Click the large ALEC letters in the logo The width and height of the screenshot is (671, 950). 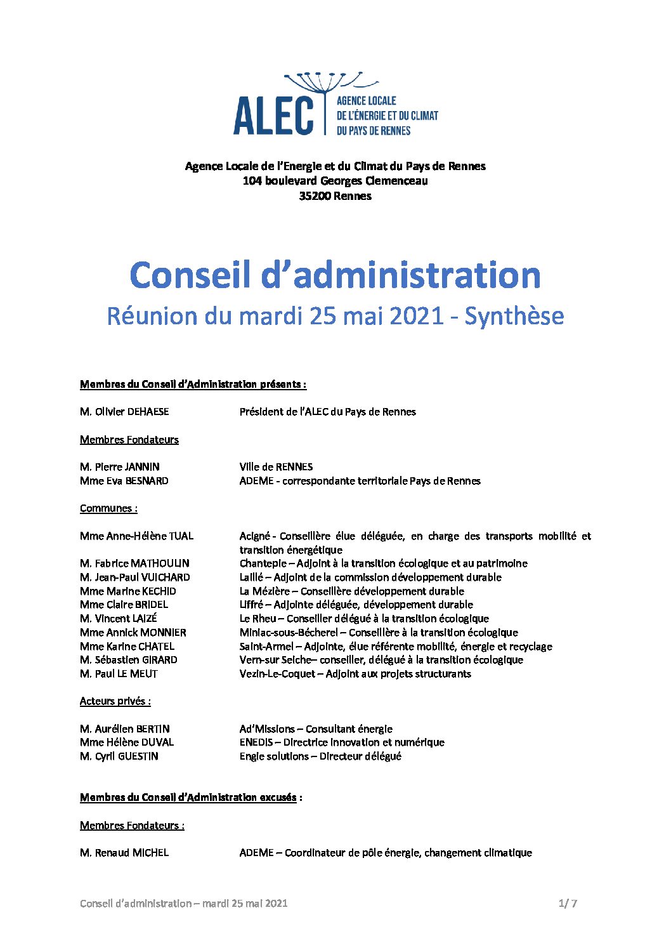click(273, 115)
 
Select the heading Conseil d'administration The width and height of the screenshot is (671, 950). click(335, 275)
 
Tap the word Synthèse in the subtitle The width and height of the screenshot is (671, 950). click(514, 316)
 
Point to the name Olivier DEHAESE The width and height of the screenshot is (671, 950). click(131, 412)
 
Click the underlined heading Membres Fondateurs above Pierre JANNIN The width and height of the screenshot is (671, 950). click(129, 440)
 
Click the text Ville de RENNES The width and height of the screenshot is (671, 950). click(276, 467)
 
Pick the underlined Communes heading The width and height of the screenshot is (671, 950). click(108, 508)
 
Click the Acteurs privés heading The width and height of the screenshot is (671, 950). click(115, 701)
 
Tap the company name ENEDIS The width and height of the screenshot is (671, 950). click(256, 742)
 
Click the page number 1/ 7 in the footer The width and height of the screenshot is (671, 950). click(568, 903)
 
